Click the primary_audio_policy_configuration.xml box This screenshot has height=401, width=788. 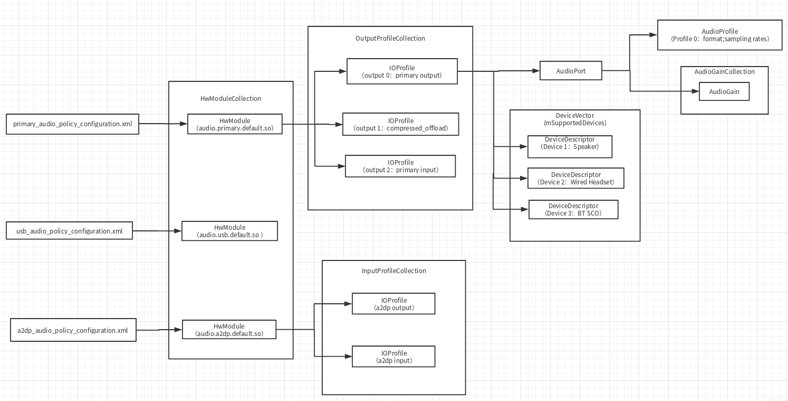73,124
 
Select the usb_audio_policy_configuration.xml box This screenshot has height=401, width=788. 69,231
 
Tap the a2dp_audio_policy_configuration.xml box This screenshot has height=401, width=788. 73,330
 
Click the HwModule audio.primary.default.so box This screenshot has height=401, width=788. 235,124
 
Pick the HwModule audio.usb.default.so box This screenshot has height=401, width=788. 229,231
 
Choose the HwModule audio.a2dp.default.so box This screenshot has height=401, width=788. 229,330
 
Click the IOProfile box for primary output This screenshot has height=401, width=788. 402,71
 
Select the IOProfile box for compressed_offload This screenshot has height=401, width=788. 401,124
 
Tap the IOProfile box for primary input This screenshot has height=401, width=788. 400,166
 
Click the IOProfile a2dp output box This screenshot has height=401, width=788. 393,304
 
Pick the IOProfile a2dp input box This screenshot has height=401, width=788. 393,357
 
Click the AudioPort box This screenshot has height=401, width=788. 571,71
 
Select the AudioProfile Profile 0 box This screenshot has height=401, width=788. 719,35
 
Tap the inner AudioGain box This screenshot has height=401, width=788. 724,91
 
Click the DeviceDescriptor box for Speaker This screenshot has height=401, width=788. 570,146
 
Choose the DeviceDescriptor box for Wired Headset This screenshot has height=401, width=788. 575,178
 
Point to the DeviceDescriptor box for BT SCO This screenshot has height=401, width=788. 573,209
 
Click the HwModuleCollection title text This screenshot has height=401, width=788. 230,98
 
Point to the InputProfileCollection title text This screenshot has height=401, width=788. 393,271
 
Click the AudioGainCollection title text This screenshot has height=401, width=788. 724,71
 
